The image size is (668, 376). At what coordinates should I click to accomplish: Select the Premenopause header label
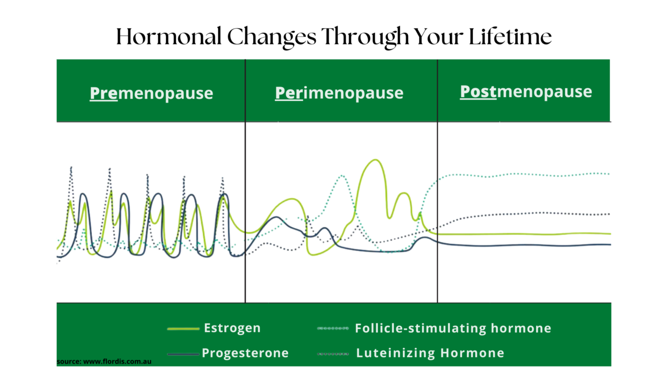point(151,93)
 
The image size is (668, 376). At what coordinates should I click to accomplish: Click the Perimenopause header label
point(339,93)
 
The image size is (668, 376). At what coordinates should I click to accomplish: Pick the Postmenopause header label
point(526,92)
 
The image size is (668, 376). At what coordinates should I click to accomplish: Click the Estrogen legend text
point(232,328)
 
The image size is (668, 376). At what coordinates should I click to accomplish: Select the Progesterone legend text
point(245,353)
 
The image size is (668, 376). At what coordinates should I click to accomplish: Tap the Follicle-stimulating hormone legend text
point(453,328)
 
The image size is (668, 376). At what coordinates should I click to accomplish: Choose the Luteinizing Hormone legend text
point(430,353)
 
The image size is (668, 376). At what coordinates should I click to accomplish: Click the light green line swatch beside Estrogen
point(183,329)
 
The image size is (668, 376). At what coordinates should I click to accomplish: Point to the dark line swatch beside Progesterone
point(183,354)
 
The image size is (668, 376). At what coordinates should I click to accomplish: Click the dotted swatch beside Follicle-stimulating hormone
point(333,329)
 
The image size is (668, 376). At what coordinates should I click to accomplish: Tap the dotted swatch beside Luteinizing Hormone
point(333,354)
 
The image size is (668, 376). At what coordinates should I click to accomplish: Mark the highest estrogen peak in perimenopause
point(374,160)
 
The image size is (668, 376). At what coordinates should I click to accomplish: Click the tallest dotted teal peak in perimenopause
point(342,176)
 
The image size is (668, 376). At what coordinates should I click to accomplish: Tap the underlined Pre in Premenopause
point(103,93)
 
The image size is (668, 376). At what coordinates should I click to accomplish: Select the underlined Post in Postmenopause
point(478,92)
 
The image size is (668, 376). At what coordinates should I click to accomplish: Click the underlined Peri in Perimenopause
point(289,93)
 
